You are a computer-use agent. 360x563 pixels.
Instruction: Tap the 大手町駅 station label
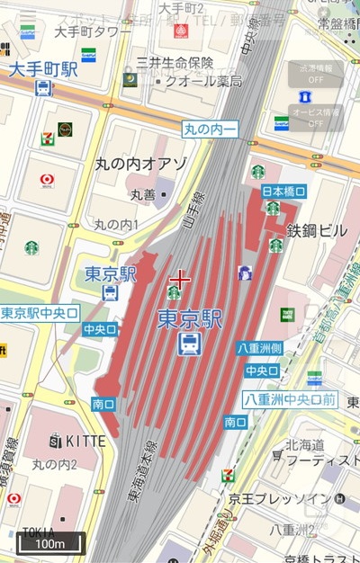pyautogui.click(x=44, y=68)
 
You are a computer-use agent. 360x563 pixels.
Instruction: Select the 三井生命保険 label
pyautogui.click(x=175, y=62)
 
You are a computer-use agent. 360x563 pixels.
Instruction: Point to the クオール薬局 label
pyautogui.click(x=203, y=81)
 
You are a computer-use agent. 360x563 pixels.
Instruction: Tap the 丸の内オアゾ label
pyautogui.click(x=140, y=165)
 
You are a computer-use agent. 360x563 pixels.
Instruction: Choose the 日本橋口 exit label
pyautogui.click(x=284, y=191)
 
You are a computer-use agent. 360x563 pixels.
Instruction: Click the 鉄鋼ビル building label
pyautogui.click(x=317, y=231)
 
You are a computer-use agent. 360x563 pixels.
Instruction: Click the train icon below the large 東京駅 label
pyautogui.click(x=189, y=344)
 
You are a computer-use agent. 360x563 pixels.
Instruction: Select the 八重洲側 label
pyautogui.click(x=260, y=348)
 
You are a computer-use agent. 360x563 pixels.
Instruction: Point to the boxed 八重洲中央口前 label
pyautogui.click(x=290, y=398)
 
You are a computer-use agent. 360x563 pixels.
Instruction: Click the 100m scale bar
pyautogui.click(x=50, y=543)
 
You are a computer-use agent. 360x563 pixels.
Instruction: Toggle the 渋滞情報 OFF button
pyautogui.click(x=315, y=73)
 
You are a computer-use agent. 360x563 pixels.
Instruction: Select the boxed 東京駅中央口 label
pyautogui.click(x=40, y=313)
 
